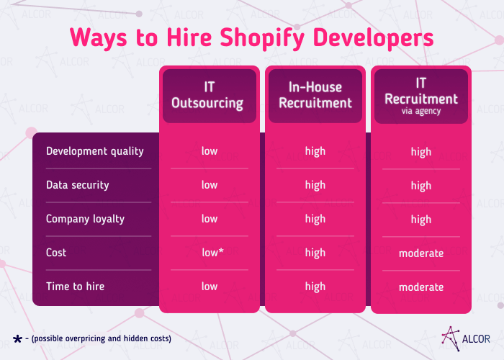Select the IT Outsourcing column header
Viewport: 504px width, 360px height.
[x=207, y=95]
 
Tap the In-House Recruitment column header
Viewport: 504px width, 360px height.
[x=315, y=95]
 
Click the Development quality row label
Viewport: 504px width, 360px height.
[x=95, y=151]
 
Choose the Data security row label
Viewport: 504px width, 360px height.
[x=78, y=185]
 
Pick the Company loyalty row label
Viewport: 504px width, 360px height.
[x=85, y=219]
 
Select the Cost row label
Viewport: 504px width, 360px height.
[x=56, y=253]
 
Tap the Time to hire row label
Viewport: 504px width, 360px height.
[x=75, y=287]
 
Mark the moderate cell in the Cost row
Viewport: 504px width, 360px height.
[x=421, y=253]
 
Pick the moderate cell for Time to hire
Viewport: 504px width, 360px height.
[x=421, y=287]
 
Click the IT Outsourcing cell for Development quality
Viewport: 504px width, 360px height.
[x=210, y=151]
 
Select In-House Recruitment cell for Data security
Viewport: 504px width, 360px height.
[x=315, y=185]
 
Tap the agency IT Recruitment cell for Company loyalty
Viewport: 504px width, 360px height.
[x=421, y=220]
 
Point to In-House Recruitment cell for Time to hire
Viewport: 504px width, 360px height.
[x=315, y=287]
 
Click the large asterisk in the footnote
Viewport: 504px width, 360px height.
[x=17, y=337]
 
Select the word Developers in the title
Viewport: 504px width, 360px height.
[x=374, y=37]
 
